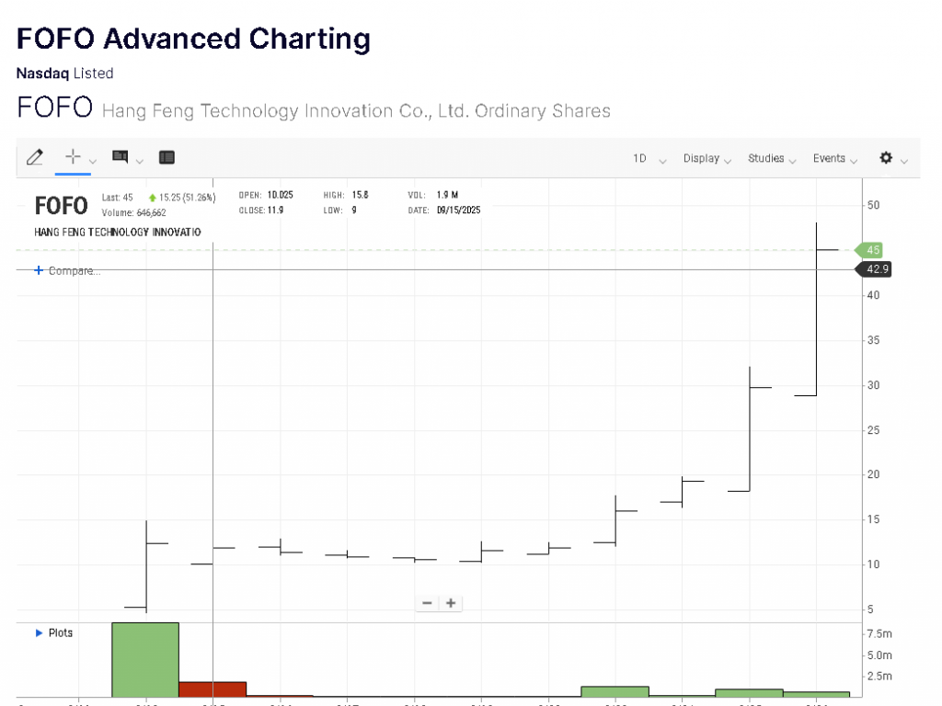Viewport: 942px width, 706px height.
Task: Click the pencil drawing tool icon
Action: pyautogui.click(x=35, y=157)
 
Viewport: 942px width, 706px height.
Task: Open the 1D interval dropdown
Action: pyautogui.click(x=640, y=158)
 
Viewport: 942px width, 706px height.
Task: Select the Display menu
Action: pyautogui.click(x=701, y=158)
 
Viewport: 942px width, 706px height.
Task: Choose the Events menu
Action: pyautogui.click(x=829, y=158)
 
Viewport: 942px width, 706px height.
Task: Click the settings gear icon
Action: pyautogui.click(x=886, y=157)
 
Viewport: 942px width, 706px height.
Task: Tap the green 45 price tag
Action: pyautogui.click(x=872, y=250)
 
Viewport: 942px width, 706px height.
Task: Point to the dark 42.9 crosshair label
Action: pyautogui.click(x=876, y=269)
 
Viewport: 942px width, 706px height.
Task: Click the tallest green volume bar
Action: pyautogui.click(x=145, y=660)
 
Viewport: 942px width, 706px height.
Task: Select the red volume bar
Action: pyautogui.click(x=213, y=689)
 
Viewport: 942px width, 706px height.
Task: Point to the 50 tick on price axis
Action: pyautogui.click(x=874, y=205)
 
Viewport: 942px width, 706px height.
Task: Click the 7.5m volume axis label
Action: pyautogui.click(x=879, y=634)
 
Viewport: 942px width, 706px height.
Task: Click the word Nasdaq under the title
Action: pyautogui.click(x=42, y=74)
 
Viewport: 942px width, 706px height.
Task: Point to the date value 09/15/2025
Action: pyautogui.click(x=459, y=210)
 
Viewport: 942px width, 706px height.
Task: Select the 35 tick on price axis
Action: pyautogui.click(x=874, y=341)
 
